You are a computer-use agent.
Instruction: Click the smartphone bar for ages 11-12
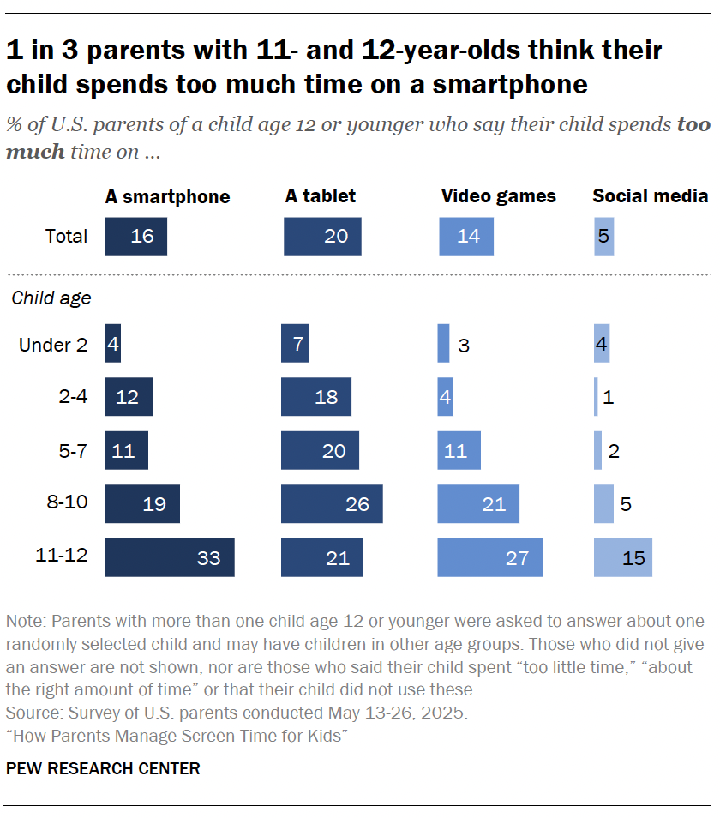(170, 557)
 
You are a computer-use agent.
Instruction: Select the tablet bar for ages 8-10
(332, 503)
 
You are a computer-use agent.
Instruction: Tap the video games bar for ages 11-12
(490, 557)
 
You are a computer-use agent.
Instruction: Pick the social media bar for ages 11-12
(622, 557)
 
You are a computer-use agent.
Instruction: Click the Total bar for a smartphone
(136, 236)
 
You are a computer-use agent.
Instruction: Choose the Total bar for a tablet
(322, 236)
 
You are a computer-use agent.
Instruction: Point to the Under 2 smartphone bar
(113, 344)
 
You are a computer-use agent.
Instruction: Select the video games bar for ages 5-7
(459, 450)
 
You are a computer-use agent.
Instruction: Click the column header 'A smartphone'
(167, 196)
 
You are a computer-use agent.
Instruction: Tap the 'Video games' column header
(498, 196)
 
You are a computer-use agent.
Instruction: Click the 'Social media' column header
(650, 196)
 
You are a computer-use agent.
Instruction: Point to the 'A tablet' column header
(320, 196)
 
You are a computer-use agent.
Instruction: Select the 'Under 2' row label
(53, 345)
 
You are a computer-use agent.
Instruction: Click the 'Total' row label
(66, 236)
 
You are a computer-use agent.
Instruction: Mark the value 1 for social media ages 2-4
(608, 398)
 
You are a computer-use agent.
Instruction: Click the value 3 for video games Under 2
(463, 346)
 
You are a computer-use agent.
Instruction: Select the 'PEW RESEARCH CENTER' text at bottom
(103, 768)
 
